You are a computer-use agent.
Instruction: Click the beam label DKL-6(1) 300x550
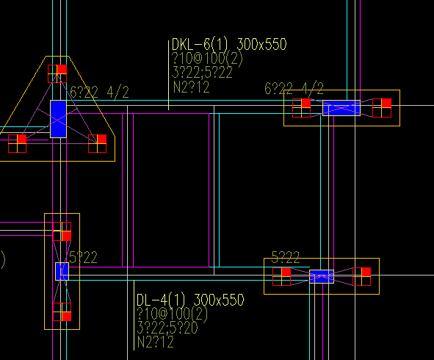[x=229, y=44]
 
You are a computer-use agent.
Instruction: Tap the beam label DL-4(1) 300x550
[x=190, y=300]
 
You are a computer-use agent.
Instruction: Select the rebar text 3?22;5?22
[x=202, y=73]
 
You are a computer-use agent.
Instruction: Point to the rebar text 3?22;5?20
[x=167, y=328]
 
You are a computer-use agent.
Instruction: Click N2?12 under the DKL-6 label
[x=191, y=87]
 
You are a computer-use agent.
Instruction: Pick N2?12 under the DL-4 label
[x=155, y=342]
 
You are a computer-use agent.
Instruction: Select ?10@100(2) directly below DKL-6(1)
[x=207, y=59]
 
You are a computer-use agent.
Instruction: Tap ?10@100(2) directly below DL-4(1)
[x=172, y=314]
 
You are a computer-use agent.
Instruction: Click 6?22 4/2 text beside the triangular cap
[x=99, y=93]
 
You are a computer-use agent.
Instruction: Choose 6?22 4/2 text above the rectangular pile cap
[x=294, y=89]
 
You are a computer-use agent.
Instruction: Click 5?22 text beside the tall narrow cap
[x=83, y=258]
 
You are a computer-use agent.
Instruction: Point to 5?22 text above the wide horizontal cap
[x=286, y=257]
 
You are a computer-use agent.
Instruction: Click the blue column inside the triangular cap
[x=59, y=119]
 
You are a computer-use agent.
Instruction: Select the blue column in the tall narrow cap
[x=62, y=271]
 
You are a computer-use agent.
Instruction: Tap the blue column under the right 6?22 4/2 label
[x=341, y=108]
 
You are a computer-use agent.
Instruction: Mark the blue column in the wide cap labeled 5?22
[x=322, y=276]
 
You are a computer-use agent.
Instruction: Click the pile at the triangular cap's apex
[x=57, y=73]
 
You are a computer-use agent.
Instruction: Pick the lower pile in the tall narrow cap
[x=62, y=312]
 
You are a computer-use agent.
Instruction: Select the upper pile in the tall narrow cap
[x=62, y=231]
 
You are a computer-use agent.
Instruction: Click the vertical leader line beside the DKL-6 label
[x=169, y=76]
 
